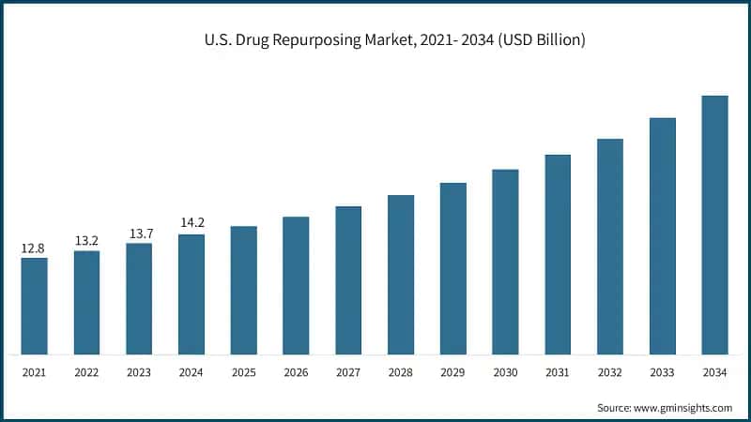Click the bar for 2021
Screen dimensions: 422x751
[34, 306]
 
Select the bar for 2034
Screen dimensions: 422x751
[714, 225]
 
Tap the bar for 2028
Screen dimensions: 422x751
[401, 275]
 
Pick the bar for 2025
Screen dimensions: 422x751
[244, 291]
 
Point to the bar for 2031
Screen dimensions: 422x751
[558, 255]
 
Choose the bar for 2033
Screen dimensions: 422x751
[663, 236]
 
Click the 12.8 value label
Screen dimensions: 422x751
[34, 249]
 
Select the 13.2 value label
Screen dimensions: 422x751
[86, 241]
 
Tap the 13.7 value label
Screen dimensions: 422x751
[139, 234]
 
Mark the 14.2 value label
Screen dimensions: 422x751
[192, 223]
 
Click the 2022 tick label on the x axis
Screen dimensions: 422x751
[86, 372]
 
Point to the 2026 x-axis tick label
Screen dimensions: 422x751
[296, 372]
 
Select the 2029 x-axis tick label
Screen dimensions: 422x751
[453, 372]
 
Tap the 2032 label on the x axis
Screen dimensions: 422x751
[610, 372]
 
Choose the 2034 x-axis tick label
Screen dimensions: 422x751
[714, 372]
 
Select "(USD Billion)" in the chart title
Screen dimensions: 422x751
[540, 40]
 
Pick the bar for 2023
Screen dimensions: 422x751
[139, 298]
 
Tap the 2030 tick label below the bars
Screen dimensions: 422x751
[505, 372]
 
